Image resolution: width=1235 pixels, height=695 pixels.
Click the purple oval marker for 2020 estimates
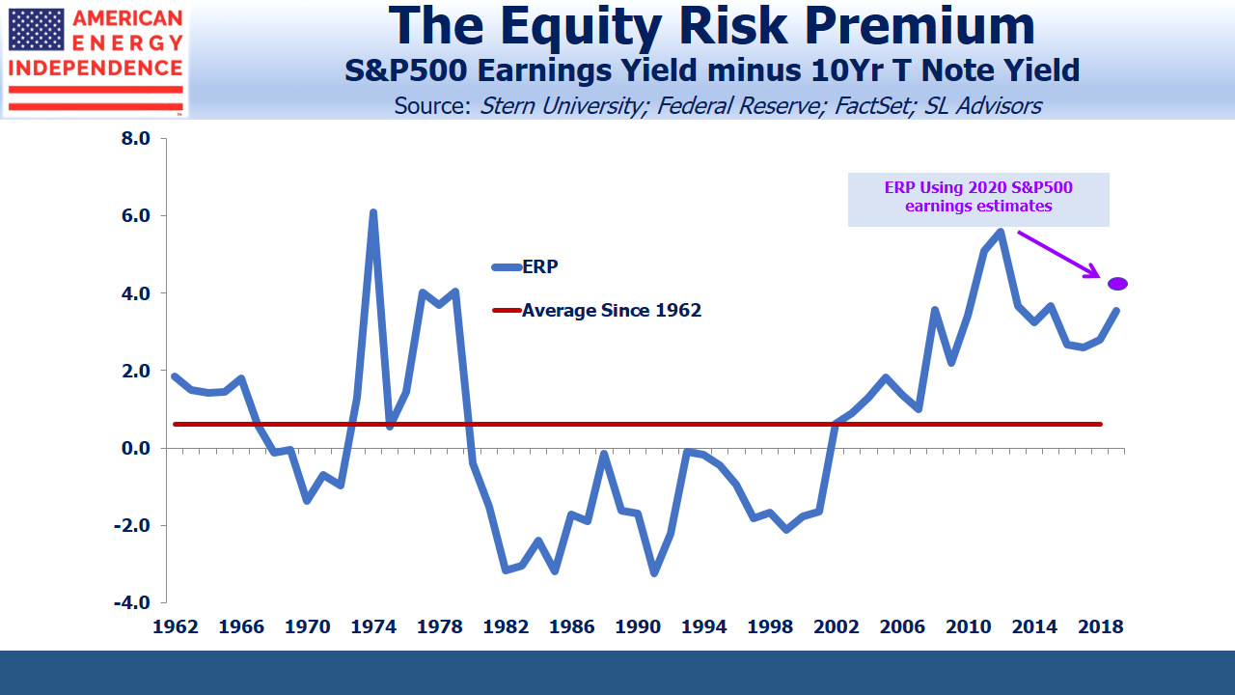(1117, 283)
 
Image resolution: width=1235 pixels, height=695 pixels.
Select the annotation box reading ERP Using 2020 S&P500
(978, 198)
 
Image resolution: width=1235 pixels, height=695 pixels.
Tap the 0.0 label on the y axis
(137, 448)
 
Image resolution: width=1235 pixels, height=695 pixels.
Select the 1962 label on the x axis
(175, 626)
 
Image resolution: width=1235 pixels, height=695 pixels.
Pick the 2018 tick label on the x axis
(1099, 626)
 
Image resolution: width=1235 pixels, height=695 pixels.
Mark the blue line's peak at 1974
(372, 213)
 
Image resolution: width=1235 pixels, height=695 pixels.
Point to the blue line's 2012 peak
(1000, 232)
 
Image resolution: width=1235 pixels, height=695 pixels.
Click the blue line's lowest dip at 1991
(654, 573)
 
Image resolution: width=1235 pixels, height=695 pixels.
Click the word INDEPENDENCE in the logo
(96, 69)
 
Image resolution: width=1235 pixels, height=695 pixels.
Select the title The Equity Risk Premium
(713, 27)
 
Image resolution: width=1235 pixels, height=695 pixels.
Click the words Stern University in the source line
(562, 105)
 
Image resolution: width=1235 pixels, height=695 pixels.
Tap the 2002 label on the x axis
(835, 626)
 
